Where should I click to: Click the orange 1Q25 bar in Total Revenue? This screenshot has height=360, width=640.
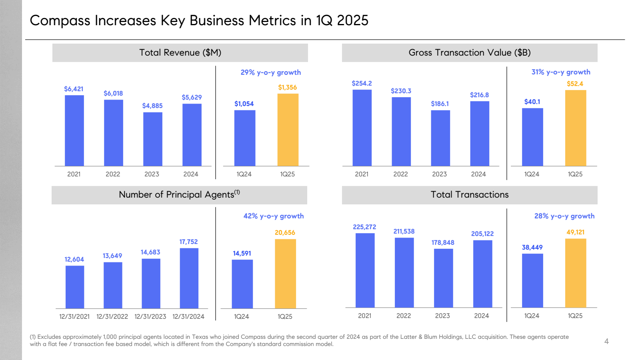click(x=288, y=130)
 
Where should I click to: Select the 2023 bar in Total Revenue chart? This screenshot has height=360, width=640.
click(x=152, y=139)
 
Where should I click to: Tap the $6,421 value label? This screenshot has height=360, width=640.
click(x=74, y=89)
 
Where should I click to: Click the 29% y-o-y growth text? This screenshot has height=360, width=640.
click(x=270, y=72)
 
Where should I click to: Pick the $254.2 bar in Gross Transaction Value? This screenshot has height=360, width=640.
click(x=362, y=128)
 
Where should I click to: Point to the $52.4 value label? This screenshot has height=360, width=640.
click(x=575, y=84)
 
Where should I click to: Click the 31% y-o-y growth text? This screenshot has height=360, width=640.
click(x=560, y=72)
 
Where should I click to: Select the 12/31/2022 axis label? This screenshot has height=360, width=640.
click(x=112, y=316)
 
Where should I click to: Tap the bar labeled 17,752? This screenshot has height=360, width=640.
click(x=189, y=278)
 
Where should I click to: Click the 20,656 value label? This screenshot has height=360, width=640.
click(x=285, y=232)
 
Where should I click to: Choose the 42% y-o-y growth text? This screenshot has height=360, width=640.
click(x=274, y=216)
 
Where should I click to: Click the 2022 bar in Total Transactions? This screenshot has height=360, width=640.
click(x=404, y=272)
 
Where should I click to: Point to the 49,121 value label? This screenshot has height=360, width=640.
click(x=575, y=232)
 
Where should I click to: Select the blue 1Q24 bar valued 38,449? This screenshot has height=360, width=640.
click(x=532, y=280)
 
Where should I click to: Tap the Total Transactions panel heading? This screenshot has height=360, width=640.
click(x=470, y=195)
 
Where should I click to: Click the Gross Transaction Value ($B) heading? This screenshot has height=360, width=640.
click(x=470, y=53)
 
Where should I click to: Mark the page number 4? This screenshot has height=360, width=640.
click(x=606, y=341)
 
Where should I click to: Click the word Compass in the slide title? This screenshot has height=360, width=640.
click(x=60, y=21)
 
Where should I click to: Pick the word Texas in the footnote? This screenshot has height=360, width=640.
click(x=200, y=337)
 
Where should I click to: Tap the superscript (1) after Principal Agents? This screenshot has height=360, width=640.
click(x=237, y=192)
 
